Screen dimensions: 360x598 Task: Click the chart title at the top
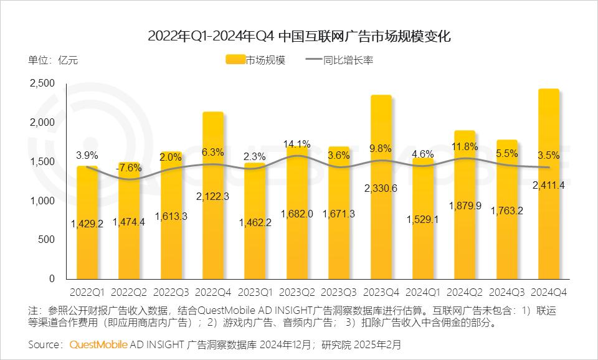click(299, 36)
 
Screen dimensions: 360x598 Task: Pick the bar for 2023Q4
click(381, 187)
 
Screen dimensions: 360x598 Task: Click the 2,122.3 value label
click(214, 196)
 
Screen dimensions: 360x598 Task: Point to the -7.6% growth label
click(130, 167)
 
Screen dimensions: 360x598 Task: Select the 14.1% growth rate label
click(297, 143)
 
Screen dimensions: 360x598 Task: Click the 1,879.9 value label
click(465, 206)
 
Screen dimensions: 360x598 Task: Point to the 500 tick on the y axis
click(46, 240)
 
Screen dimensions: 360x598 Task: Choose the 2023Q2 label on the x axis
click(297, 291)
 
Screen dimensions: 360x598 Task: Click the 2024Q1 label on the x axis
click(423, 291)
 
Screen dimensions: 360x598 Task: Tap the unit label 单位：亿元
click(53, 60)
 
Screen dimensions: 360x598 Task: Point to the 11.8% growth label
click(465, 147)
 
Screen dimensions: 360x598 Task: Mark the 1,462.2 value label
click(255, 221)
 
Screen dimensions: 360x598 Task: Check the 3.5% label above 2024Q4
click(549, 155)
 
